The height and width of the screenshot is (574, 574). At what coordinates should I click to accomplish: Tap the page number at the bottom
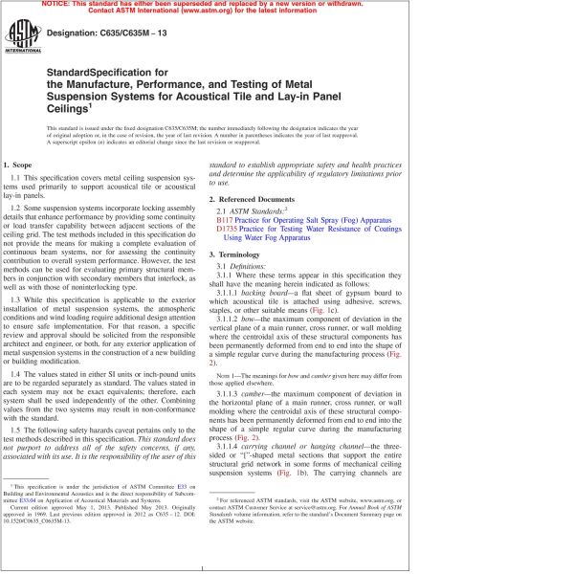287,566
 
